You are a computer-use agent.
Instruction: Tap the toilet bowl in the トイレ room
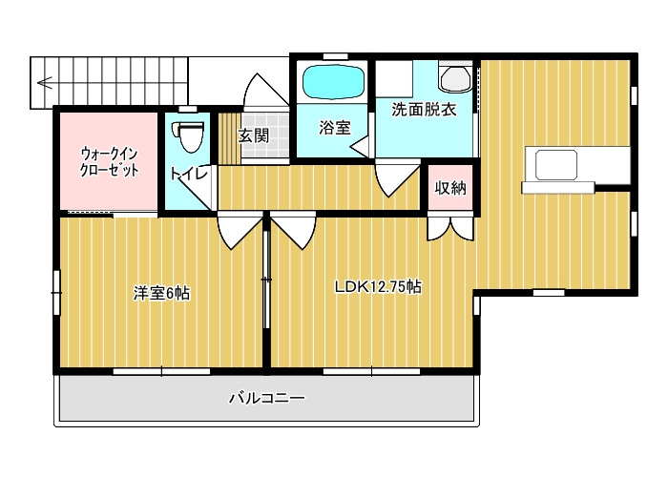[x=187, y=136]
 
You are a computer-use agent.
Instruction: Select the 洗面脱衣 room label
[x=424, y=110]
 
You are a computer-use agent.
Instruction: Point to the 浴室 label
[x=335, y=127]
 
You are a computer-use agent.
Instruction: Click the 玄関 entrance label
[x=254, y=135]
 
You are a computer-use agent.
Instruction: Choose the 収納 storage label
[x=450, y=188]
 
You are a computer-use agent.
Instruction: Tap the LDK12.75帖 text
[x=378, y=286]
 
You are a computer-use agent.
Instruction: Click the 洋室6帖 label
[x=162, y=294]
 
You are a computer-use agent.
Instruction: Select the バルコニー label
[x=267, y=398]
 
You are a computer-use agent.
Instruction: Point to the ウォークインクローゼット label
[x=110, y=162]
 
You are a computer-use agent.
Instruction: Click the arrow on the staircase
[x=45, y=82]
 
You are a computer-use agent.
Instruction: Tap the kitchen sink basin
[x=556, y=165]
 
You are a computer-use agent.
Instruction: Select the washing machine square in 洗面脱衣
[x=394, y=79]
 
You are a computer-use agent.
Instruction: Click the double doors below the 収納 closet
[x=450, y=229]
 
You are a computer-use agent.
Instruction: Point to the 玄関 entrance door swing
[x=266, y=90]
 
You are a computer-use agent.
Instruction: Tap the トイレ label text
[x=189, y=174]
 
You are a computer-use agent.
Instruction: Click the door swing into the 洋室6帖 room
[x=240, y=231]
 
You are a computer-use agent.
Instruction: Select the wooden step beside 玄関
[x=230, y=138]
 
